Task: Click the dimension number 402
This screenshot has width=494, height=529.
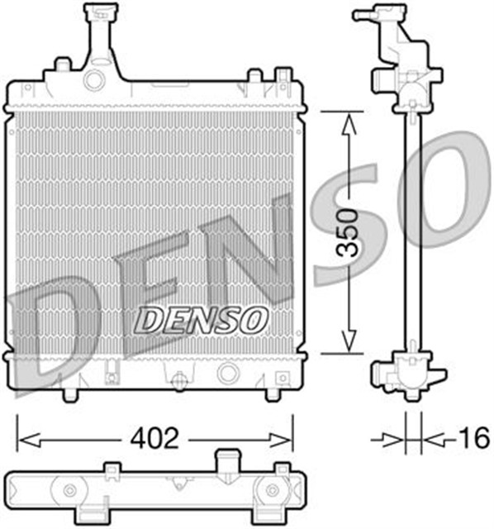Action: pos(154,438)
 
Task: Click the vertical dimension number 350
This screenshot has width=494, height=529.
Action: pos(350,235)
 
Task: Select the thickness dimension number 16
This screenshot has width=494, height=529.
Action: pos(472,437)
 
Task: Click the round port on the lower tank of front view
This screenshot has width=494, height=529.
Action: pos(225,373)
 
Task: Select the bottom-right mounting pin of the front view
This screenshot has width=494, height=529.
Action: pos(272,391)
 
